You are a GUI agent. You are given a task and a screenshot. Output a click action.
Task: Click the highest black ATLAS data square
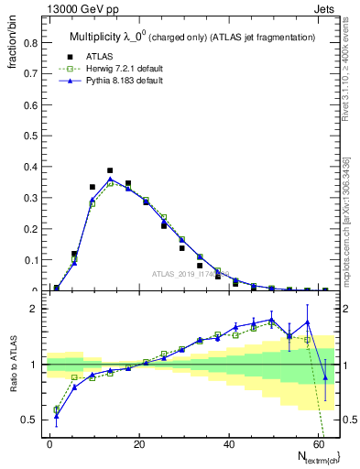pyautogui.click(x=110, y=170)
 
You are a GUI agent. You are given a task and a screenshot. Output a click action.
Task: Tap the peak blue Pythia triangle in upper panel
pyautogui.click(x=110, y=179)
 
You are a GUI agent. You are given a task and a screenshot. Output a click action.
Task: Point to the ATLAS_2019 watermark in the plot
pyautogui.click(x=186, y=273)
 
